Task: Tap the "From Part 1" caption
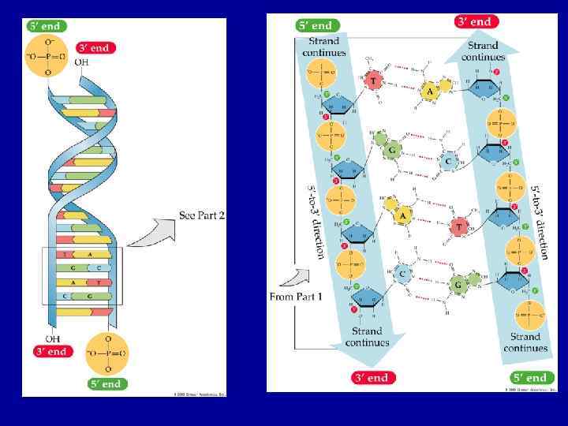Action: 296,297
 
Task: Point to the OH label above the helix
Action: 82,62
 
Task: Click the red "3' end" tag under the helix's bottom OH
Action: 50,351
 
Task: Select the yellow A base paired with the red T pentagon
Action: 431,92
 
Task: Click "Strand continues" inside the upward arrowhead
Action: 483,51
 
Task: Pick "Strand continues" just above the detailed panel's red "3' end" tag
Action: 368,337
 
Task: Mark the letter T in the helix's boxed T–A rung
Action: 65,255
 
